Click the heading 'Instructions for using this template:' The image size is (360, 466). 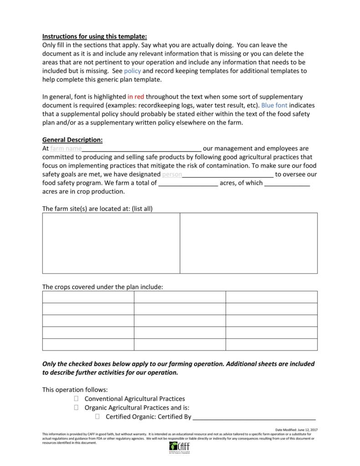coord(95,36)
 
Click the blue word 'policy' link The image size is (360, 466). coord(132,71)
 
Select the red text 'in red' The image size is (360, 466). coord(136,97)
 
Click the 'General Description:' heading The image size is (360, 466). coord(72,140)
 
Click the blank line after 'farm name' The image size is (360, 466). coord(141,149)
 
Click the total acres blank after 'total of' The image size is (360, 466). coord(188,183)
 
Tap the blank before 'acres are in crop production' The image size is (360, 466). coord(287,183)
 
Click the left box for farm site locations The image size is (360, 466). coord(111,243)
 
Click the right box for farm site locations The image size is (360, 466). coord(249,243)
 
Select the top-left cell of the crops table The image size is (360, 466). coord(88,297)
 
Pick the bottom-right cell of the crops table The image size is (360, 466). coord(272,345)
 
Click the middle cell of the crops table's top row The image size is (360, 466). coord(180,297)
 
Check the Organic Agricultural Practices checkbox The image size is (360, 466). coord(76,408)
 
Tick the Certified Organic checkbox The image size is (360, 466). coord(98,417)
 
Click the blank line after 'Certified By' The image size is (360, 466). coord(254,417)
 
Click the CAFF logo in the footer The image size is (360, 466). coord(179,447)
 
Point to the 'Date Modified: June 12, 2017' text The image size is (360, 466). coord(297,430)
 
